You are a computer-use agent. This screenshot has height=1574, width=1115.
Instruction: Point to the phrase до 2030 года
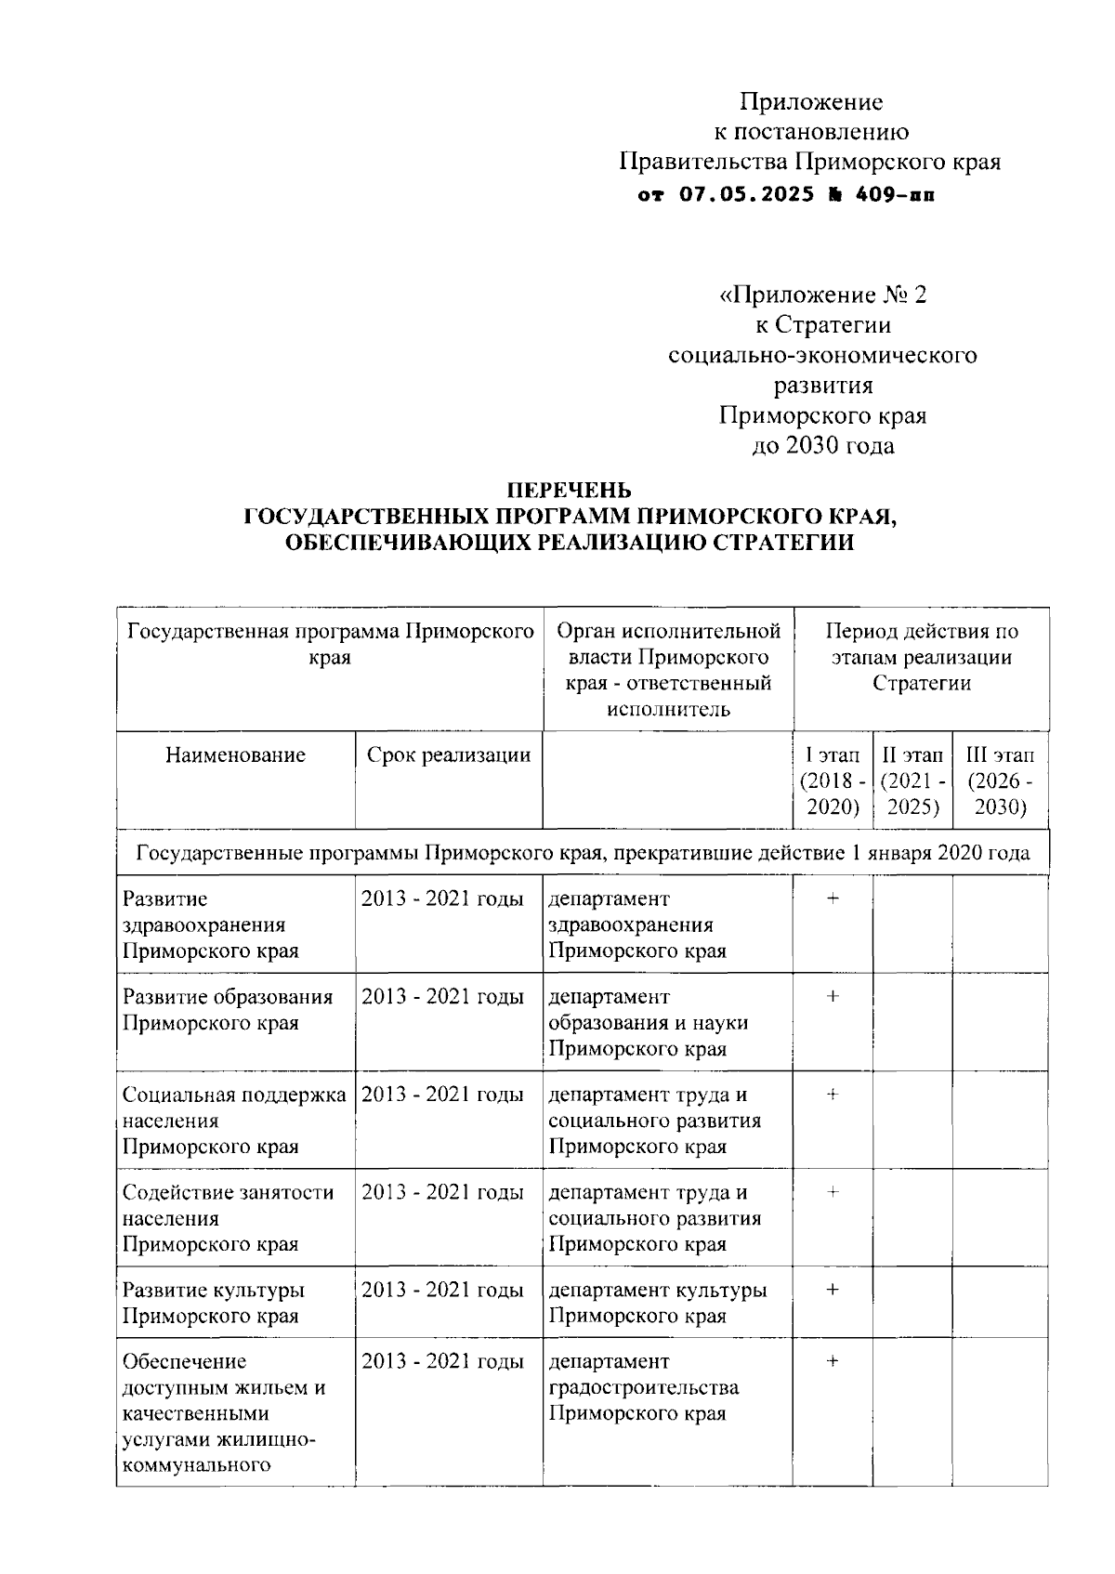coord(823,446)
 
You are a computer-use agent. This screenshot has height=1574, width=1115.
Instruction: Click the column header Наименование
coord(235,754)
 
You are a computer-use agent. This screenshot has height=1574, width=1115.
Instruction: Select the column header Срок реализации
coord(449,754)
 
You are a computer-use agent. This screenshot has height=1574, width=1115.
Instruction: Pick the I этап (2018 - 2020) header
coord(833,780)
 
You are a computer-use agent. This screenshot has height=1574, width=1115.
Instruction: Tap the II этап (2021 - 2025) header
coord(912,780)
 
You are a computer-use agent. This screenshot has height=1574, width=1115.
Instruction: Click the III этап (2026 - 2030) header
coord(1000,780)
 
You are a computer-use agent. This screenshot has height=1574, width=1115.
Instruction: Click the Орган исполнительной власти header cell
coord(668,671)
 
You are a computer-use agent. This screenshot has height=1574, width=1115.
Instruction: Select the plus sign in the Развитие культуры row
coord(833,1290)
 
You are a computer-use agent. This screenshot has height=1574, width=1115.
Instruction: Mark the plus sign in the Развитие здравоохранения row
coord(833,898)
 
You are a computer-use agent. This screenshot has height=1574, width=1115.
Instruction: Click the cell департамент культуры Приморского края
coord(657,1303)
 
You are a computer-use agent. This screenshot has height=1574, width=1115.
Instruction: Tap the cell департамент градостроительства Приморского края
coord(643,1387)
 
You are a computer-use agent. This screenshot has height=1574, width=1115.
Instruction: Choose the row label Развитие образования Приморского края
coord(228,1010)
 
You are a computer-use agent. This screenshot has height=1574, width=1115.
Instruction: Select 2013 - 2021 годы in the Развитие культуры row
coord(442,1290)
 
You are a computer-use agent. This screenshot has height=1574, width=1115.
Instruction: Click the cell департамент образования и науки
coord(648,1022)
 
